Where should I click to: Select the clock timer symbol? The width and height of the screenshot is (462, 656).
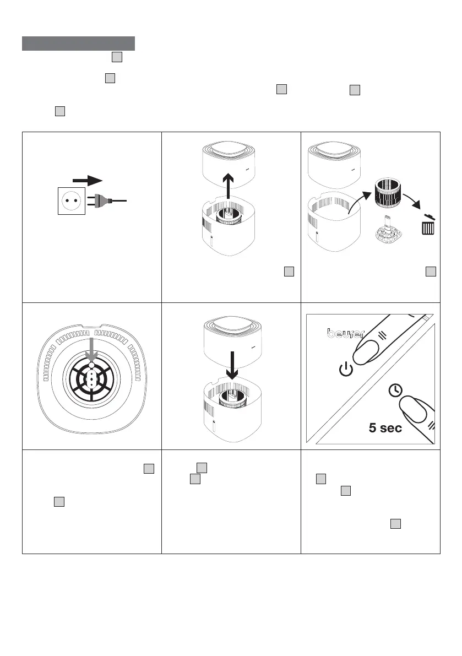tap(394, 390)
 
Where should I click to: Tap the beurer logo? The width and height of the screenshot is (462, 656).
tap(345, 333)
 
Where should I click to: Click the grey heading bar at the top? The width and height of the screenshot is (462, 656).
tap(78, 44)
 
